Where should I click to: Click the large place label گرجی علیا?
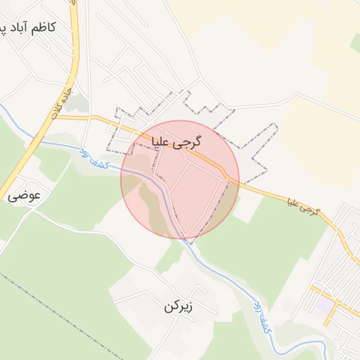point(176,142)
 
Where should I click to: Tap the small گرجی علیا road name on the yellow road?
point(304,206)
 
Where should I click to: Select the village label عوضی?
point(25,197)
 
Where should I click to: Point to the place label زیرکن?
point(178,307)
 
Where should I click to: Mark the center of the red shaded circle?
point(180,179)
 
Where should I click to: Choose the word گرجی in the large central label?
point(190,142)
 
